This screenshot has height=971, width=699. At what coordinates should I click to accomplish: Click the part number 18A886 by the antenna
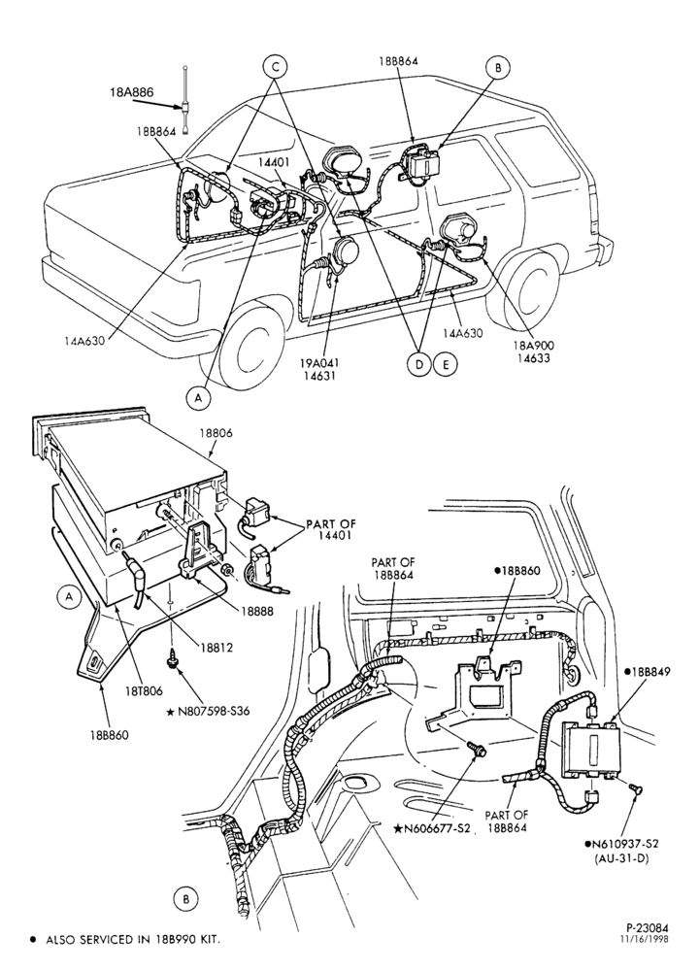point(132,92)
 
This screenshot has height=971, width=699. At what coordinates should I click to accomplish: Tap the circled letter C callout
point(275,66)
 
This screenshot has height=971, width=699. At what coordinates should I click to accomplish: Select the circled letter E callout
point(445,365)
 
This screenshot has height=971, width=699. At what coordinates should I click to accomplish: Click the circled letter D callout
point(418,365)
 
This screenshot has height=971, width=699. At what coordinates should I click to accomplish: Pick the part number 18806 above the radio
point(216,433)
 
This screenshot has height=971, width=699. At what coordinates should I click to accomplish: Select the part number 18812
point(216,648)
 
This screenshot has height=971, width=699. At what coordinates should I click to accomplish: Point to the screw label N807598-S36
point(213,712)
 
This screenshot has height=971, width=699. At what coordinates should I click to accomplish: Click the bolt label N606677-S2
point(431,828)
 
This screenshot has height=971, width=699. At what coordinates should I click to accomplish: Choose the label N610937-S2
point(621,843)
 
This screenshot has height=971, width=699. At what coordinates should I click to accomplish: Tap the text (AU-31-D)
point(621,858)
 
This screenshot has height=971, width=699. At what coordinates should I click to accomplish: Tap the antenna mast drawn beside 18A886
point(185,100)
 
